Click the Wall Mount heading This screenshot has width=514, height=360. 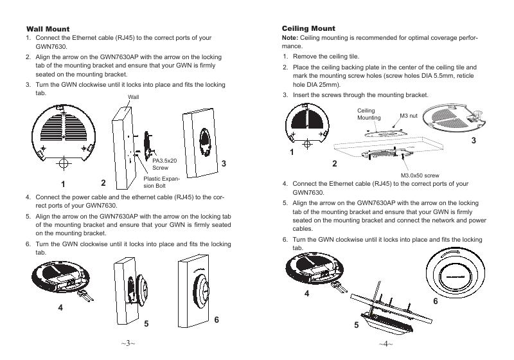(48, 29)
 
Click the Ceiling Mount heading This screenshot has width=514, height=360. (308, 29)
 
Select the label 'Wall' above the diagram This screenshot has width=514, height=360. (134, 97)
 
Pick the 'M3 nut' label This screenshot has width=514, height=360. (409, 116)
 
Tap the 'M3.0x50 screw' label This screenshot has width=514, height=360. (420, 175)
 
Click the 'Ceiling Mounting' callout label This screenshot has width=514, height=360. (368, 114)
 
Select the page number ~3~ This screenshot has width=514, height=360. (128, 343)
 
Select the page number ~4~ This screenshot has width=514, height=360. (385, 343)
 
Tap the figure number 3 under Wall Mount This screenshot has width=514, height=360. (223, 164)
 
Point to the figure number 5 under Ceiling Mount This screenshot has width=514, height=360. (356, 325)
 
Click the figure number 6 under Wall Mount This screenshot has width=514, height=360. (217, 320)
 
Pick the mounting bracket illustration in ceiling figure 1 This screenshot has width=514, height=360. (312, 126)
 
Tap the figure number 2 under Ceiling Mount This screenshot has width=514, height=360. (334, 164)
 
